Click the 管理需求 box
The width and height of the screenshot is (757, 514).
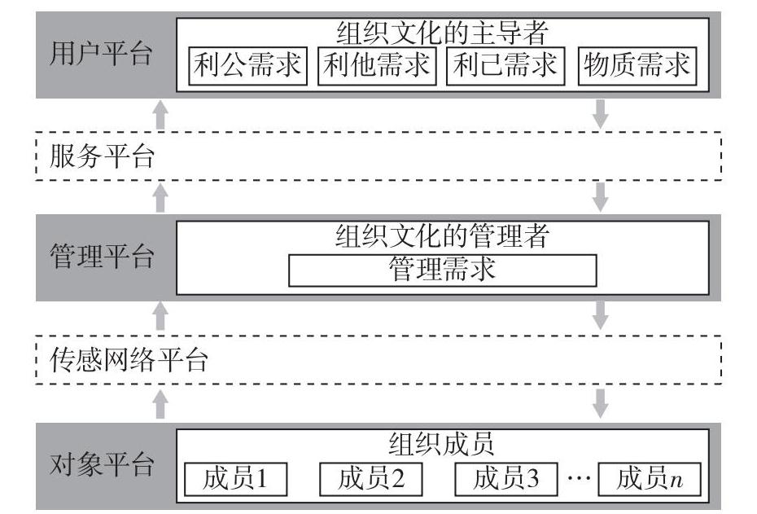click(x=442, y=270)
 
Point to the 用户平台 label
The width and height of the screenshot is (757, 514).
click(x=101, y=55)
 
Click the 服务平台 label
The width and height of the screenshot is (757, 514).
click(x=102, y=156)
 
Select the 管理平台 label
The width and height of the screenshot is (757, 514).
click(x=101, y=258)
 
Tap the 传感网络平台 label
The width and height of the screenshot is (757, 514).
click(x=129, y=359)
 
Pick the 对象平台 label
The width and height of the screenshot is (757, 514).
click(x=101, y=465)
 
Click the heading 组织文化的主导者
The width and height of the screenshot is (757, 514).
click(x=442, y=33)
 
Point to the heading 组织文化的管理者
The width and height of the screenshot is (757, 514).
click(x=442, y=238)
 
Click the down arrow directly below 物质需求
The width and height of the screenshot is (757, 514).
click(x=601, y=113)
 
